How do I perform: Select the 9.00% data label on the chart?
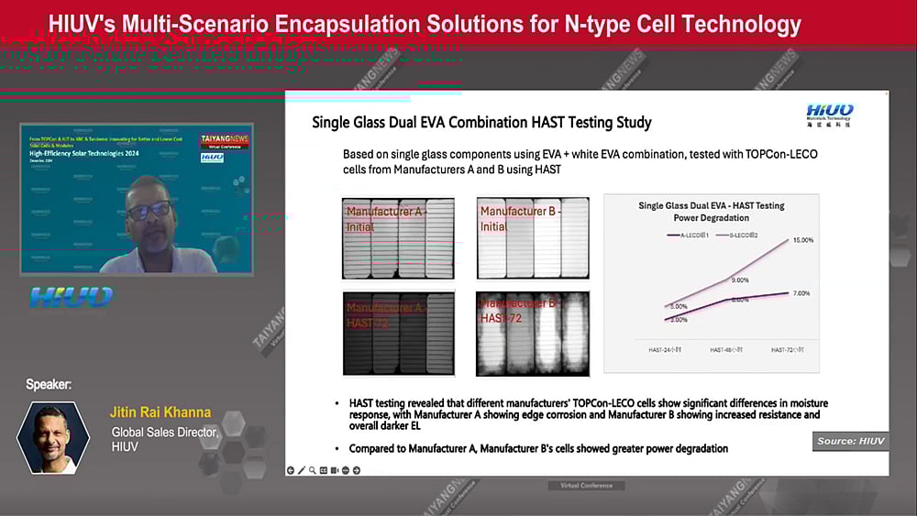pyautogui.click(x=740, y=280)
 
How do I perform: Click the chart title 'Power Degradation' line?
pyautogui.click(x=711, y=218)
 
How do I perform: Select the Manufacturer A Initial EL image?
pyautogui.click(x=398, y=238)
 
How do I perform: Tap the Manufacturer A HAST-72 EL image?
pyautogui.click(x=398, y=334)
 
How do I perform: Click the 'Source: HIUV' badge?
pyautogui.click(x=851, y=442)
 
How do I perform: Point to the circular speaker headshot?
pyautogui.click(x=53, y=437)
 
